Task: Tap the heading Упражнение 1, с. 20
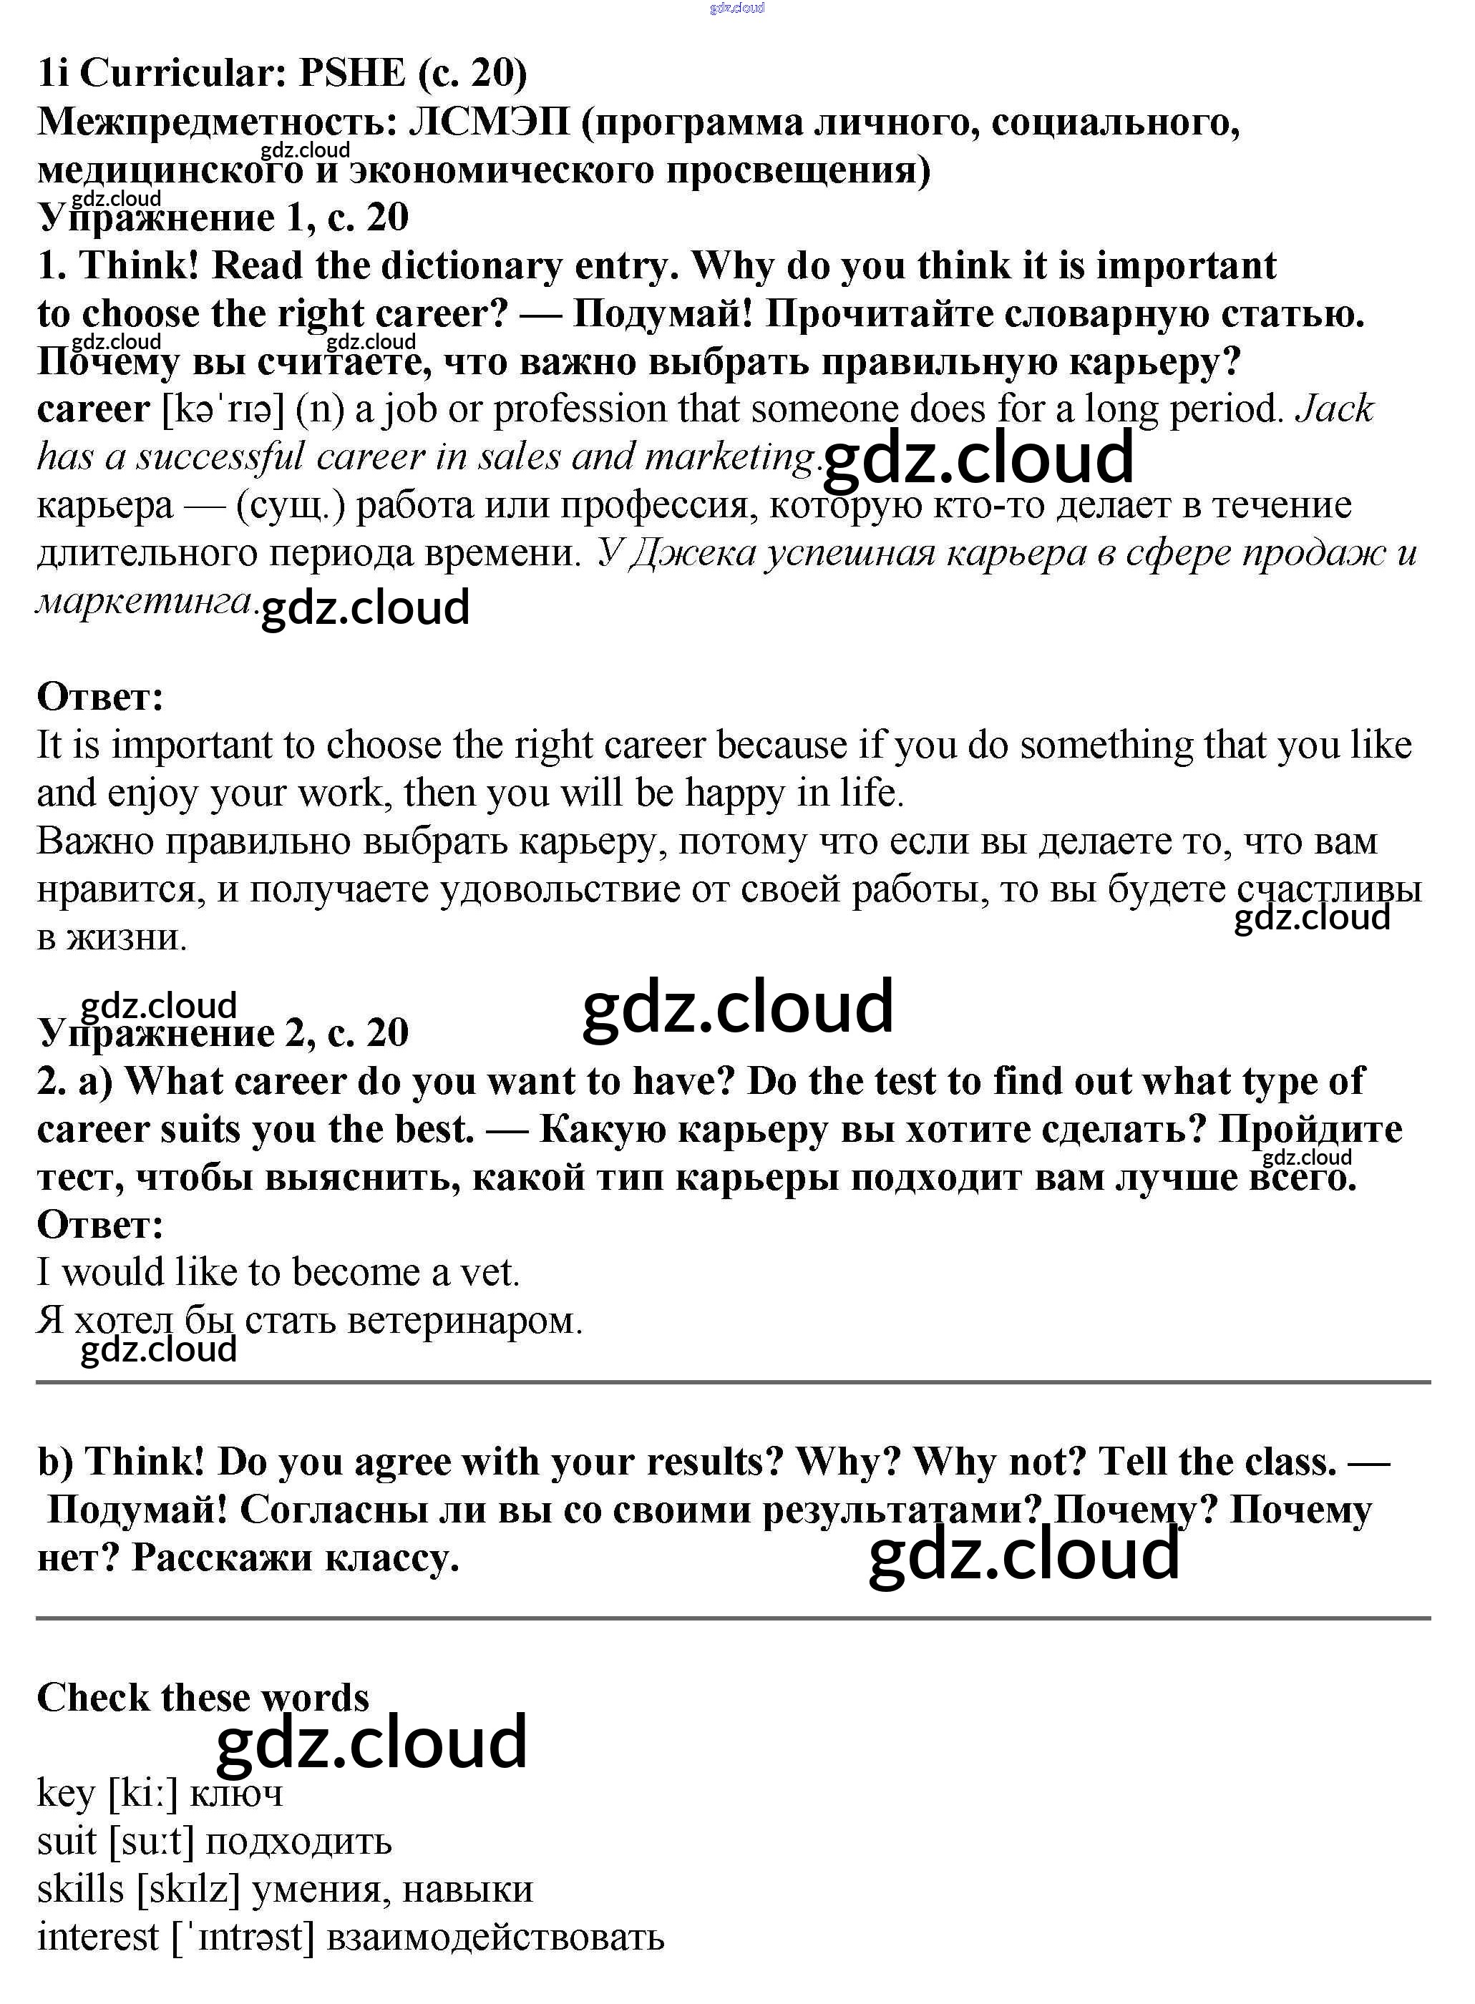click(x=223, y=217)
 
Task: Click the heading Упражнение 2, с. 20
click(x=223, y=1034)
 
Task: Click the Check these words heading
click(x=203, y=1698)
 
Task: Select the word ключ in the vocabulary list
click(x=237, y=1794)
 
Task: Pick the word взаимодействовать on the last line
click(x=495, y=1938)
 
